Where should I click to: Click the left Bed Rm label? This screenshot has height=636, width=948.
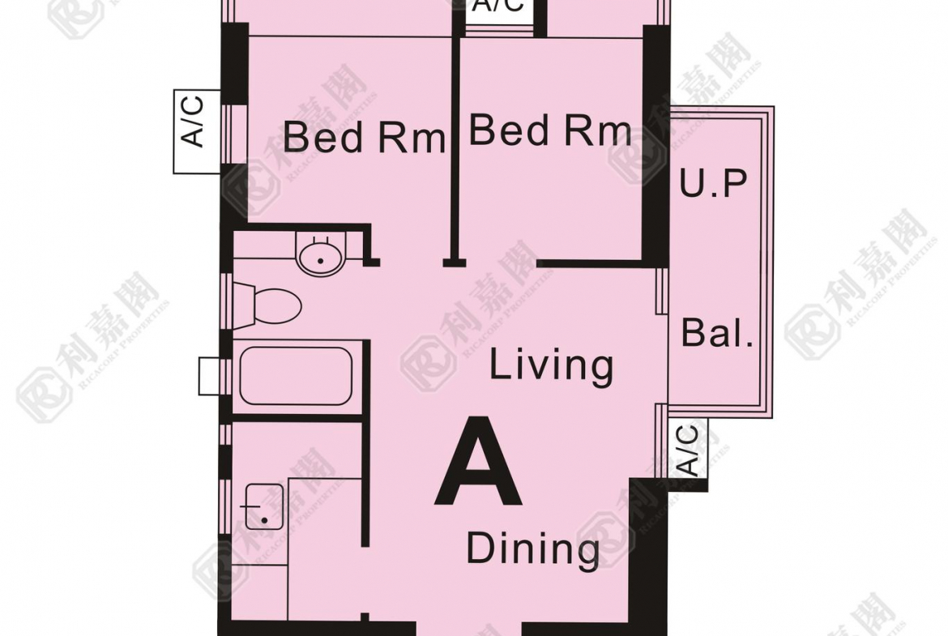(x=364, y=137)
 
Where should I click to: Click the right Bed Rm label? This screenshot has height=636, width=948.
(x=550, y=130)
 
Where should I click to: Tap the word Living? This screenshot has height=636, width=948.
(x=551, y=365)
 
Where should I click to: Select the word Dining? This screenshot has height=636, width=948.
(x=532, y=549)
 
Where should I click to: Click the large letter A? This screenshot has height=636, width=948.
(x=478, y=461)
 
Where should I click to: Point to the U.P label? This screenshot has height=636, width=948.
(x=713, y=182)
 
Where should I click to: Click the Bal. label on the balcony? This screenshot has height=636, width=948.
(x=717, y=333)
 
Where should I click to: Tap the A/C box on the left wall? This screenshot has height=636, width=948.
(x=197, y=131)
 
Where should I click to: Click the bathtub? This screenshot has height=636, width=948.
(x=296, y=376)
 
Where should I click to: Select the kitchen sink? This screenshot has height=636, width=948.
(x=264, y=506)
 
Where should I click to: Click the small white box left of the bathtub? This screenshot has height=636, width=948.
(x=209, y=376)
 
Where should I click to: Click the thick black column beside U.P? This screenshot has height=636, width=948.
(x=656, y=145)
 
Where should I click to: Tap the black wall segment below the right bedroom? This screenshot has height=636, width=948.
(x=590, y=263)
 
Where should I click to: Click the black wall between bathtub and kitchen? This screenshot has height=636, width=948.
(x=298, y=418)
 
